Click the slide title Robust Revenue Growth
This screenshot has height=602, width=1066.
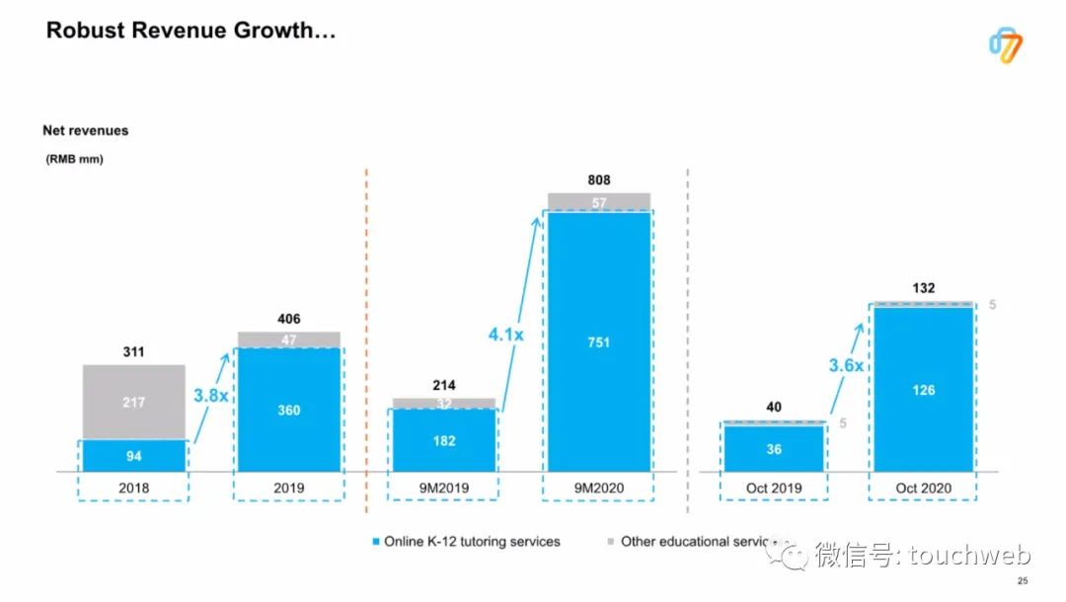(191, 32)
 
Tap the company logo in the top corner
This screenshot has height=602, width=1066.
(1005, 45)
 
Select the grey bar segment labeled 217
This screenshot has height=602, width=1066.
(134, 402)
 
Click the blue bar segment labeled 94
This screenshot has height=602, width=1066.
(134, 456)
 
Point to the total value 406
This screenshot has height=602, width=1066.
(288, 319)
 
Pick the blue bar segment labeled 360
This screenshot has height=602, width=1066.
(288, 410)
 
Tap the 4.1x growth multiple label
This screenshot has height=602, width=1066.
(505, 335)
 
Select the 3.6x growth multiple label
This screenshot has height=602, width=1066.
(846, 365)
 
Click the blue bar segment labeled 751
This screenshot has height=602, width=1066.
(599, 342)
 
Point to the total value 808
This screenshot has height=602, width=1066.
(599, 181)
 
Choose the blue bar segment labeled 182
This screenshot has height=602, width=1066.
(444, 440)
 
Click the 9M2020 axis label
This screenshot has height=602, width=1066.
(599, 488)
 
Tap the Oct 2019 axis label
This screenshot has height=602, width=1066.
(774, 488)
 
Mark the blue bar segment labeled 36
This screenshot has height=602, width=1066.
(774, 449)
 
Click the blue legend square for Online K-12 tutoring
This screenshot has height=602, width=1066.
(375, 542)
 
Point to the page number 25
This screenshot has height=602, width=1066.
(1023, 580)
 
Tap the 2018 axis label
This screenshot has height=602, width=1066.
(134, 488)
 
